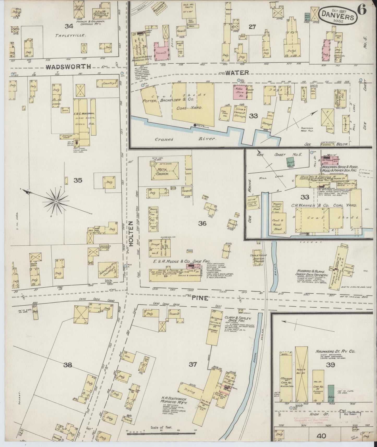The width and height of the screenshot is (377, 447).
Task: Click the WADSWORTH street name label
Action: point(68,67)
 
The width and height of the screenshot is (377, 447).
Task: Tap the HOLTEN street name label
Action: point(131,234)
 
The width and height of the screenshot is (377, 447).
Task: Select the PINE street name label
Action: point(200,298)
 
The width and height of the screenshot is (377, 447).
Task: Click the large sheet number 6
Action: point(362,10)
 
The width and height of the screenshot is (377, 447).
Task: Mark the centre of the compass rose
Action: point(56,202)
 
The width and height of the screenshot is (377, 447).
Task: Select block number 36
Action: point(202,223)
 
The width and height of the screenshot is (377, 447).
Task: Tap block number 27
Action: point(252,26)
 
